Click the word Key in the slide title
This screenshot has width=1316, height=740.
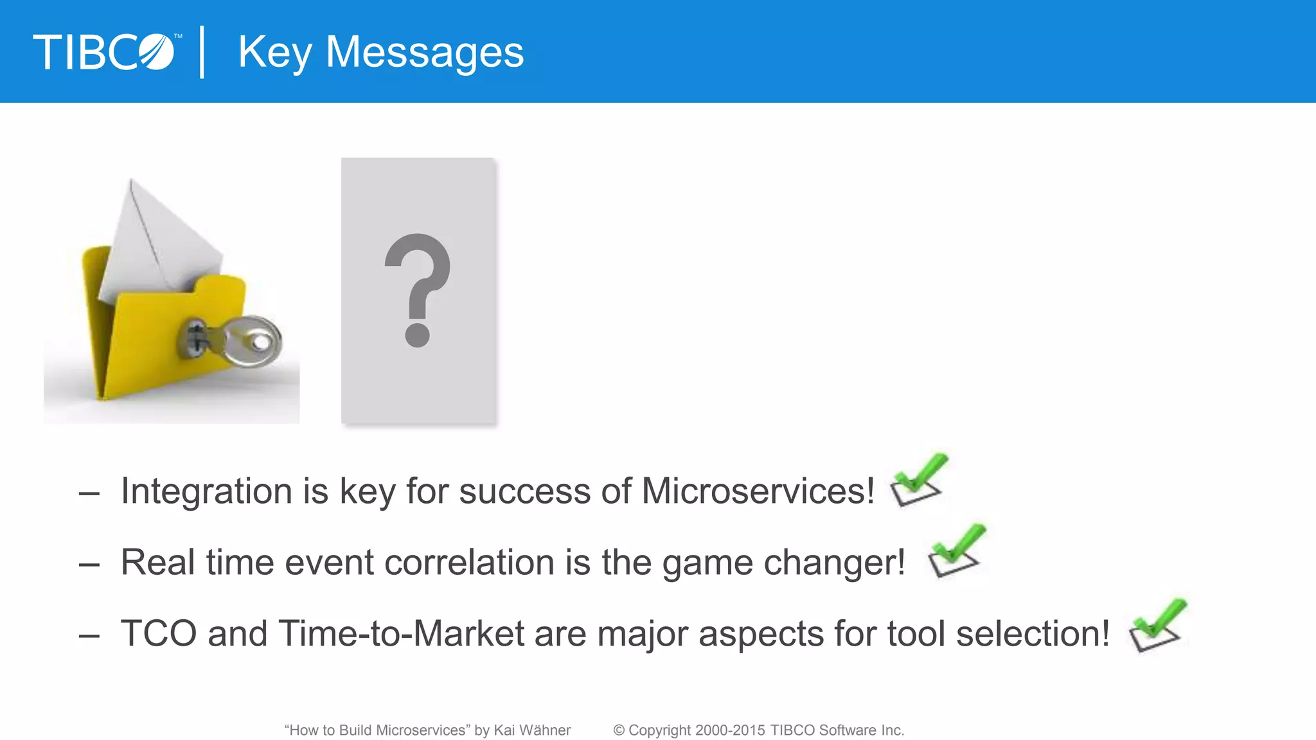[x=275, y=53]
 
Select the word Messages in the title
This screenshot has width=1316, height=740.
[x=425, y=53]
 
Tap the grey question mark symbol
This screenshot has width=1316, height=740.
[x=418, y=289]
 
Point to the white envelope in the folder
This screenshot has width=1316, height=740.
[x=157, y=244]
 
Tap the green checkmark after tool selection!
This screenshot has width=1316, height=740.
[x=1158, y=624]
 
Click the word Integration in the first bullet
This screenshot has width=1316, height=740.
[x=206, y=492]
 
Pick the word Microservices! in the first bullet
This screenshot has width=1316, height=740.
[x=758, y=492]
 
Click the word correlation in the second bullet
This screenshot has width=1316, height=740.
[x=470, y=563]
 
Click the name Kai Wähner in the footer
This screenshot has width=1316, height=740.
[x=532, y=730]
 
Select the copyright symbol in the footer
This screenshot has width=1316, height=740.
[x=619, y=730]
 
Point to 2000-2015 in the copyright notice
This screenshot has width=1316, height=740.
[x=730, y=730]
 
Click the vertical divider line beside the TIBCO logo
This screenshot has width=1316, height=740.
[x=202, y=52]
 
